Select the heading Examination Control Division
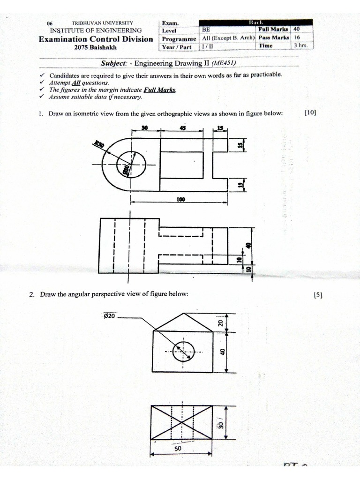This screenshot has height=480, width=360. (96, 39)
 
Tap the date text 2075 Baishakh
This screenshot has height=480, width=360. (97, 47)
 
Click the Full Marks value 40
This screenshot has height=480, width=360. (296, 29)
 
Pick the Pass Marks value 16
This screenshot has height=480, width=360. (296, 37)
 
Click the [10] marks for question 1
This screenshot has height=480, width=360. (310, 112)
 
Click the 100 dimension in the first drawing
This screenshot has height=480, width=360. (180, 199)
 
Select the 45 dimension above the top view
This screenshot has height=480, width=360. (183, 127)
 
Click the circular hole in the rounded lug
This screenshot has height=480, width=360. (132, 164)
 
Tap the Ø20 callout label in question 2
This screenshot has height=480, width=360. (109, 316)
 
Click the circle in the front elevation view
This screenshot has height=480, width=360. (183, 351)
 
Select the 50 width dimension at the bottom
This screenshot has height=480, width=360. (178, 448)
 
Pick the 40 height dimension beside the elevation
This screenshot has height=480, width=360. (223, 352)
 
